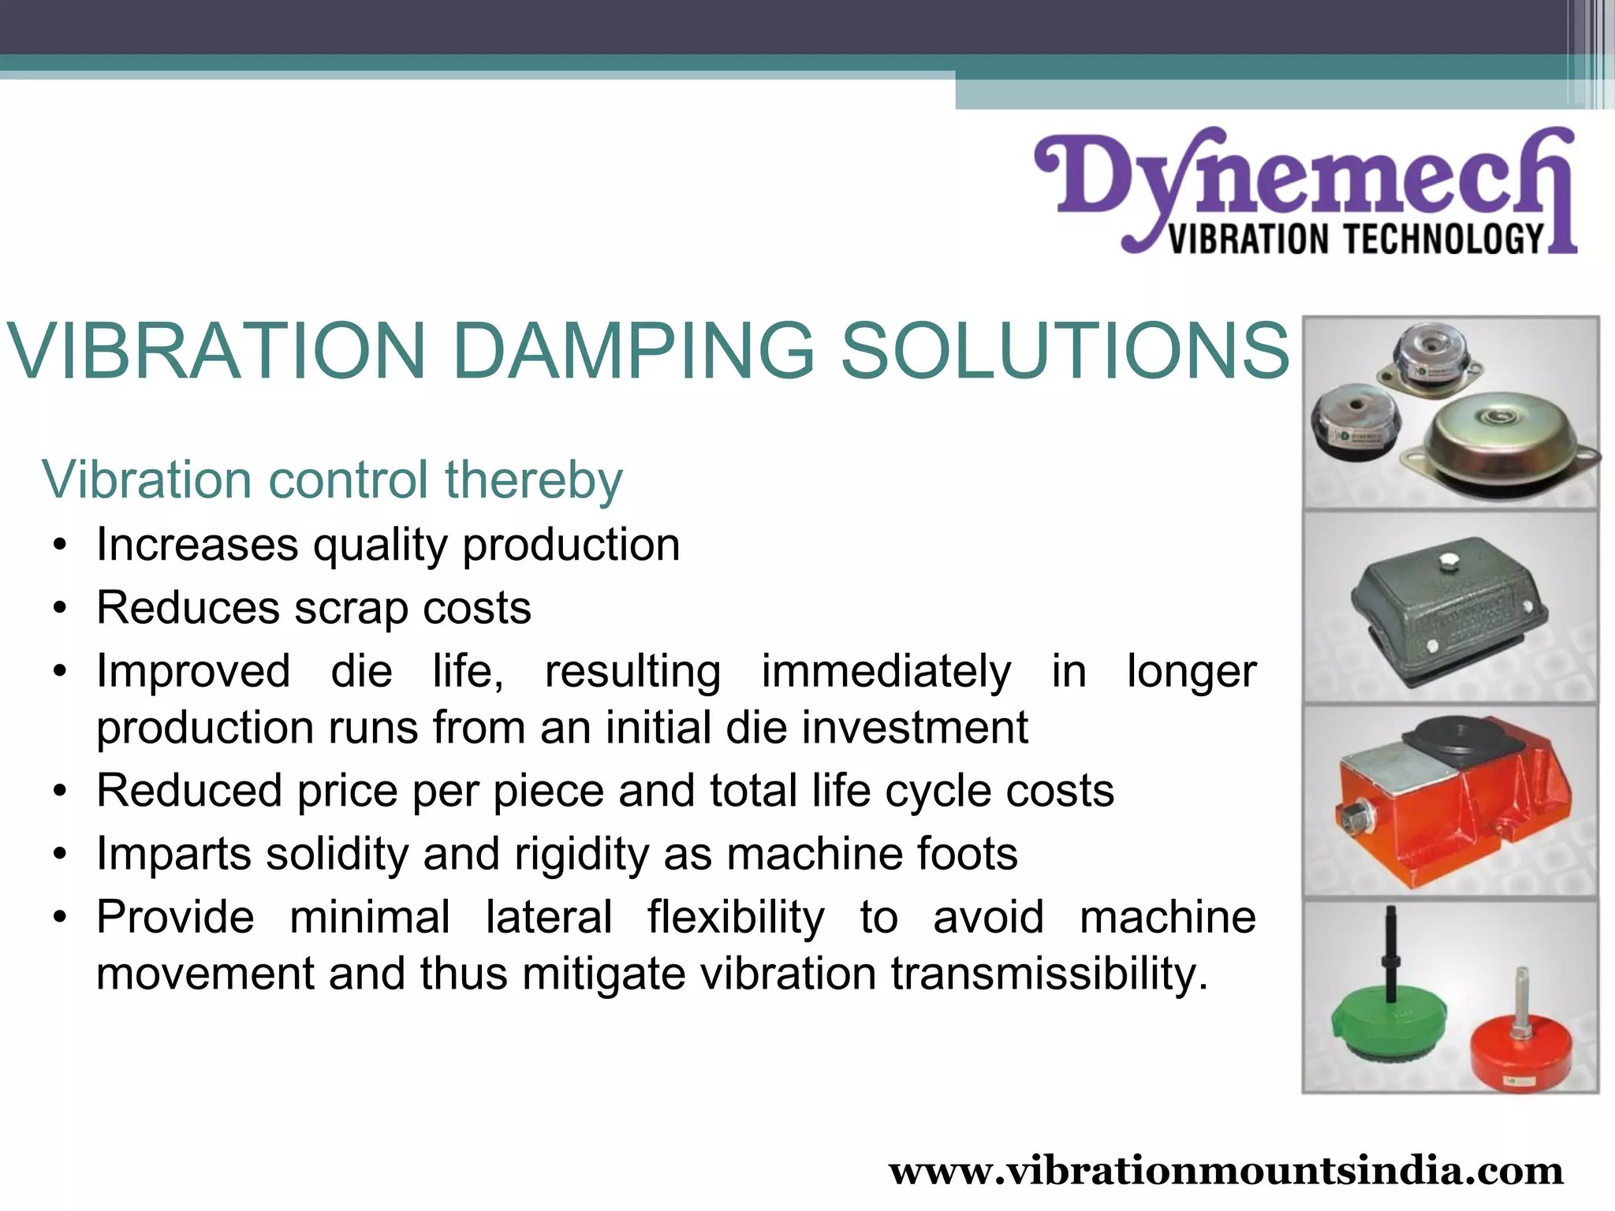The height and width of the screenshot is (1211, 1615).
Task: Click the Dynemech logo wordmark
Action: click(1305, 177)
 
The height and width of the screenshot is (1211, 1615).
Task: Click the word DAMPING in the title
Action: click(633, 351)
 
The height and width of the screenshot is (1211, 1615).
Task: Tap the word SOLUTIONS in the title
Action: click(1065, 351)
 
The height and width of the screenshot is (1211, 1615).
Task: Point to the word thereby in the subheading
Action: click(533, 479)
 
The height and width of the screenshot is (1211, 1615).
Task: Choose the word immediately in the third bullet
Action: click(886, 672)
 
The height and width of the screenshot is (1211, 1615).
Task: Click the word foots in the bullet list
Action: click(968, 854)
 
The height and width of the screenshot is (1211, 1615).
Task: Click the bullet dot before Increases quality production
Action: click(60, 546)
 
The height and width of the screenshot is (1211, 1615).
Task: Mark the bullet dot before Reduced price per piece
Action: click(60, 792)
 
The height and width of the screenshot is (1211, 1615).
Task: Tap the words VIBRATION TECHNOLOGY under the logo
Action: click(1356, 238)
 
